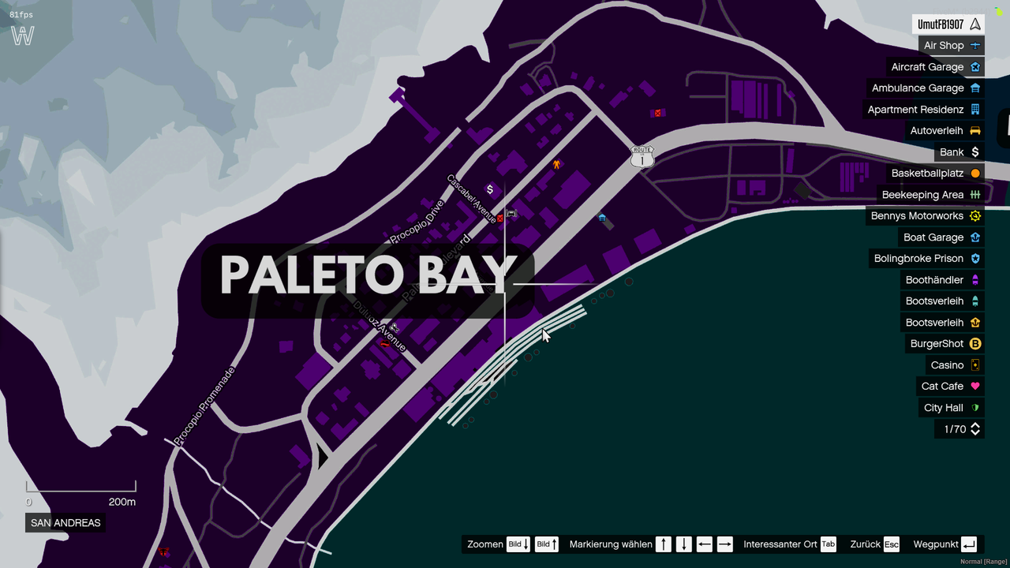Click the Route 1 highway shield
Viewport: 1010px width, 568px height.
coord(642,156)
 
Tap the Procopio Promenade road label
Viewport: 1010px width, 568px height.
coord(204,405)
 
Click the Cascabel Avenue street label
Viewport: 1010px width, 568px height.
coord(472,199)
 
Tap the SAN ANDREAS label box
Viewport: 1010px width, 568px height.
coord(65,523)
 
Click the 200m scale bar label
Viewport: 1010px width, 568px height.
coord(122,503)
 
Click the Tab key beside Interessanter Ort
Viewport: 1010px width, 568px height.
coord(828,544)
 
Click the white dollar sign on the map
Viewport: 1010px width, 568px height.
coord(490,189)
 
